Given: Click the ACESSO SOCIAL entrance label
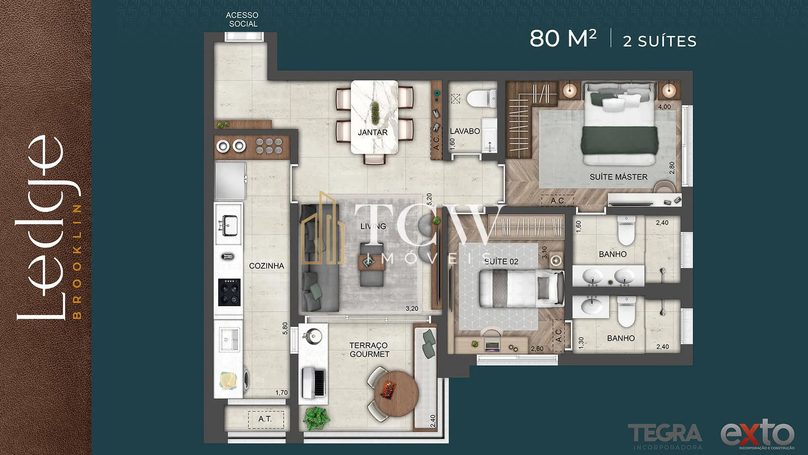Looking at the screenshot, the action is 242,19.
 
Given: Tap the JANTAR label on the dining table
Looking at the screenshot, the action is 372,132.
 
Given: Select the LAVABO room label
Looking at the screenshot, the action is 465,131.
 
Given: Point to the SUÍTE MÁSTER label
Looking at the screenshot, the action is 618,177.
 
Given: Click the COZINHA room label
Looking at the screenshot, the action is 266,266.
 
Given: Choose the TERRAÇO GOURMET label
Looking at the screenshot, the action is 369,350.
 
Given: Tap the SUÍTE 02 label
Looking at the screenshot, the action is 501,261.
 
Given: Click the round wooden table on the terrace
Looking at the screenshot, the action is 396,393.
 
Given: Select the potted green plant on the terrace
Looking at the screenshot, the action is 316,418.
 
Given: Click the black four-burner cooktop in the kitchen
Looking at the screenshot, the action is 229,292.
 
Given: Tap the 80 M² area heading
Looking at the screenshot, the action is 563,38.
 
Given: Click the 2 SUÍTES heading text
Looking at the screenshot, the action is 659,41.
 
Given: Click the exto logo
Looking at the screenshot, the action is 757,434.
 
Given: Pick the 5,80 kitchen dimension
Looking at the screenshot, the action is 285,328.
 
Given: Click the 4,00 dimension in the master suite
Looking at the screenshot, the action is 664,107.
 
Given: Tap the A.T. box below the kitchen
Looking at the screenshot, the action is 266,420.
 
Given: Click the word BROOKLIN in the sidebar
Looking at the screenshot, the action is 77,262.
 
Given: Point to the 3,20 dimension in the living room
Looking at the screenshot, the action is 412,309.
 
